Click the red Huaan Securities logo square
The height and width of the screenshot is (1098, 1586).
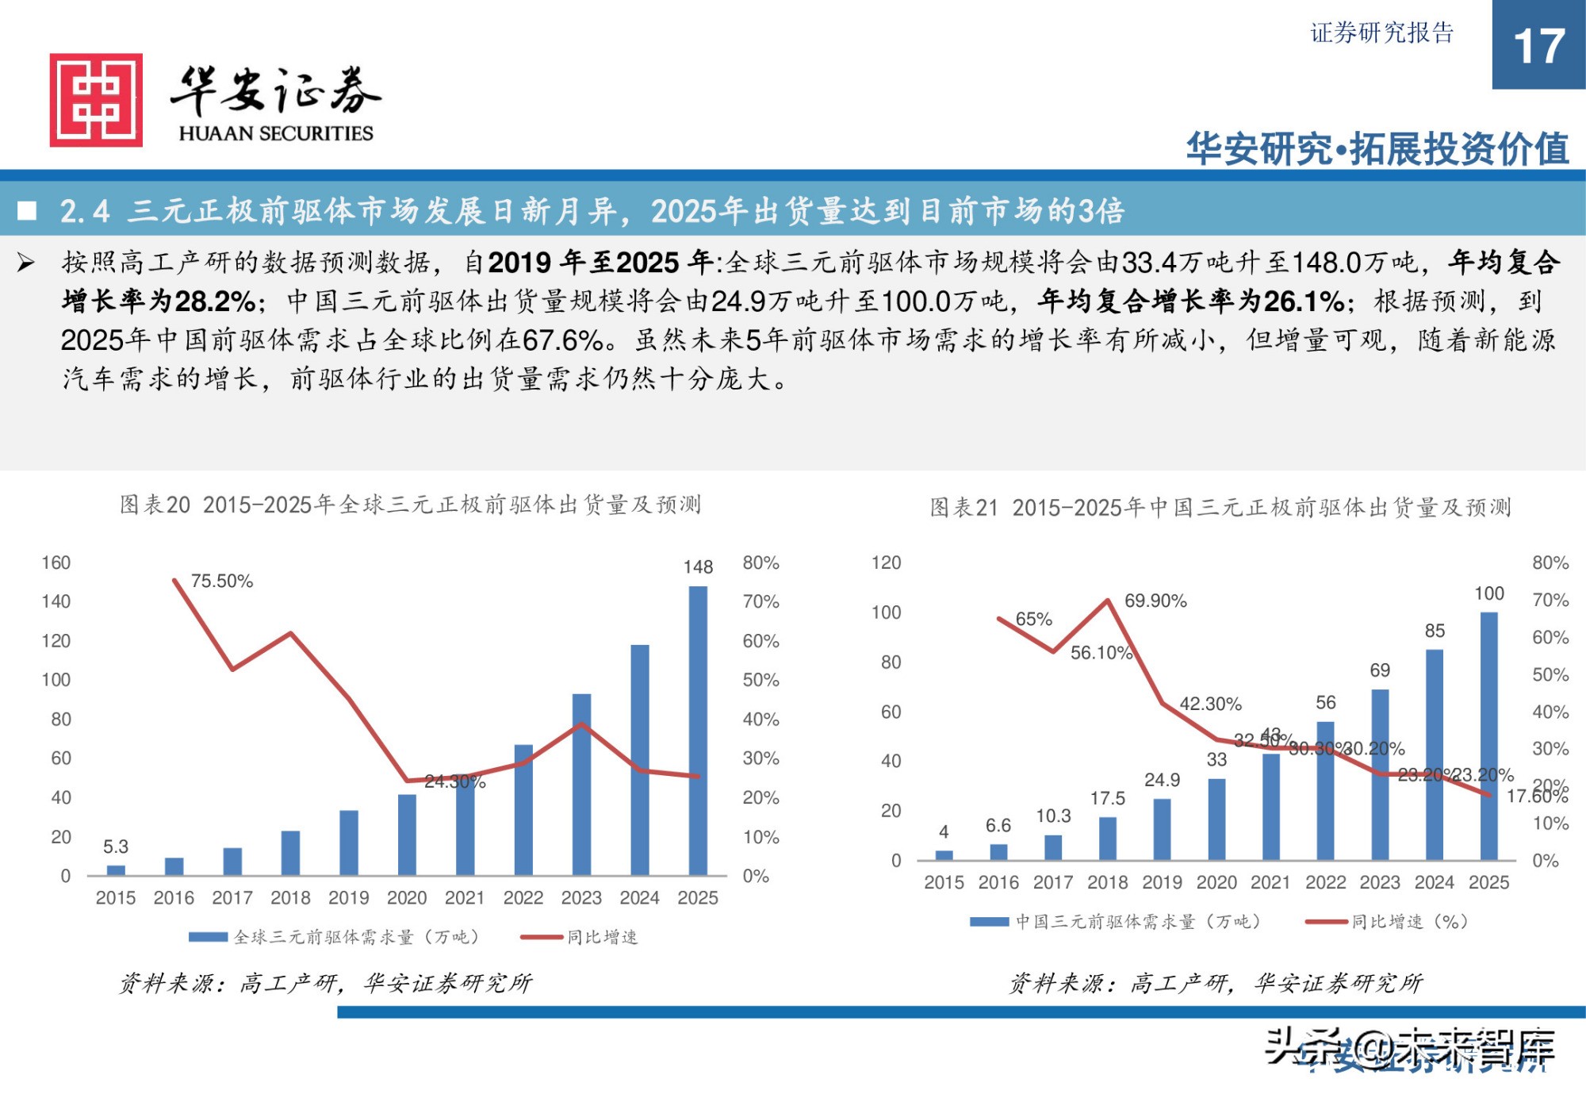96,100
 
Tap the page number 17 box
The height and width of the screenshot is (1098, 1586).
1538,45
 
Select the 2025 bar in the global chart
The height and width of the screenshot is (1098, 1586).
698,730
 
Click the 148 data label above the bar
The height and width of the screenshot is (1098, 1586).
698,567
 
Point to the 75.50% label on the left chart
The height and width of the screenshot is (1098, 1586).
222,581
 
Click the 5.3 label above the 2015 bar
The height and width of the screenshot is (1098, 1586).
116,847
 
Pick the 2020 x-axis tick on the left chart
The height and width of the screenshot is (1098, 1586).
407,897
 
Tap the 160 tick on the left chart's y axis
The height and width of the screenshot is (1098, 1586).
56,562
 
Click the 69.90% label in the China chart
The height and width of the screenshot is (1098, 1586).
1155,601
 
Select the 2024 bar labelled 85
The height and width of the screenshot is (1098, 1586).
1435,754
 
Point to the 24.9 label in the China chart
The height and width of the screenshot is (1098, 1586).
1162,780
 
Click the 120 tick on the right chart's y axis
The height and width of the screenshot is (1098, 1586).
886,562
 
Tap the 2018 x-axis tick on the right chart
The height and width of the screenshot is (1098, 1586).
1107,882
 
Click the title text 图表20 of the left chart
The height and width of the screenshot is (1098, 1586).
155,505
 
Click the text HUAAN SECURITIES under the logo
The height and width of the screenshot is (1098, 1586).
275,133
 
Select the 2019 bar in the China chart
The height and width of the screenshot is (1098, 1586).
1162,829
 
